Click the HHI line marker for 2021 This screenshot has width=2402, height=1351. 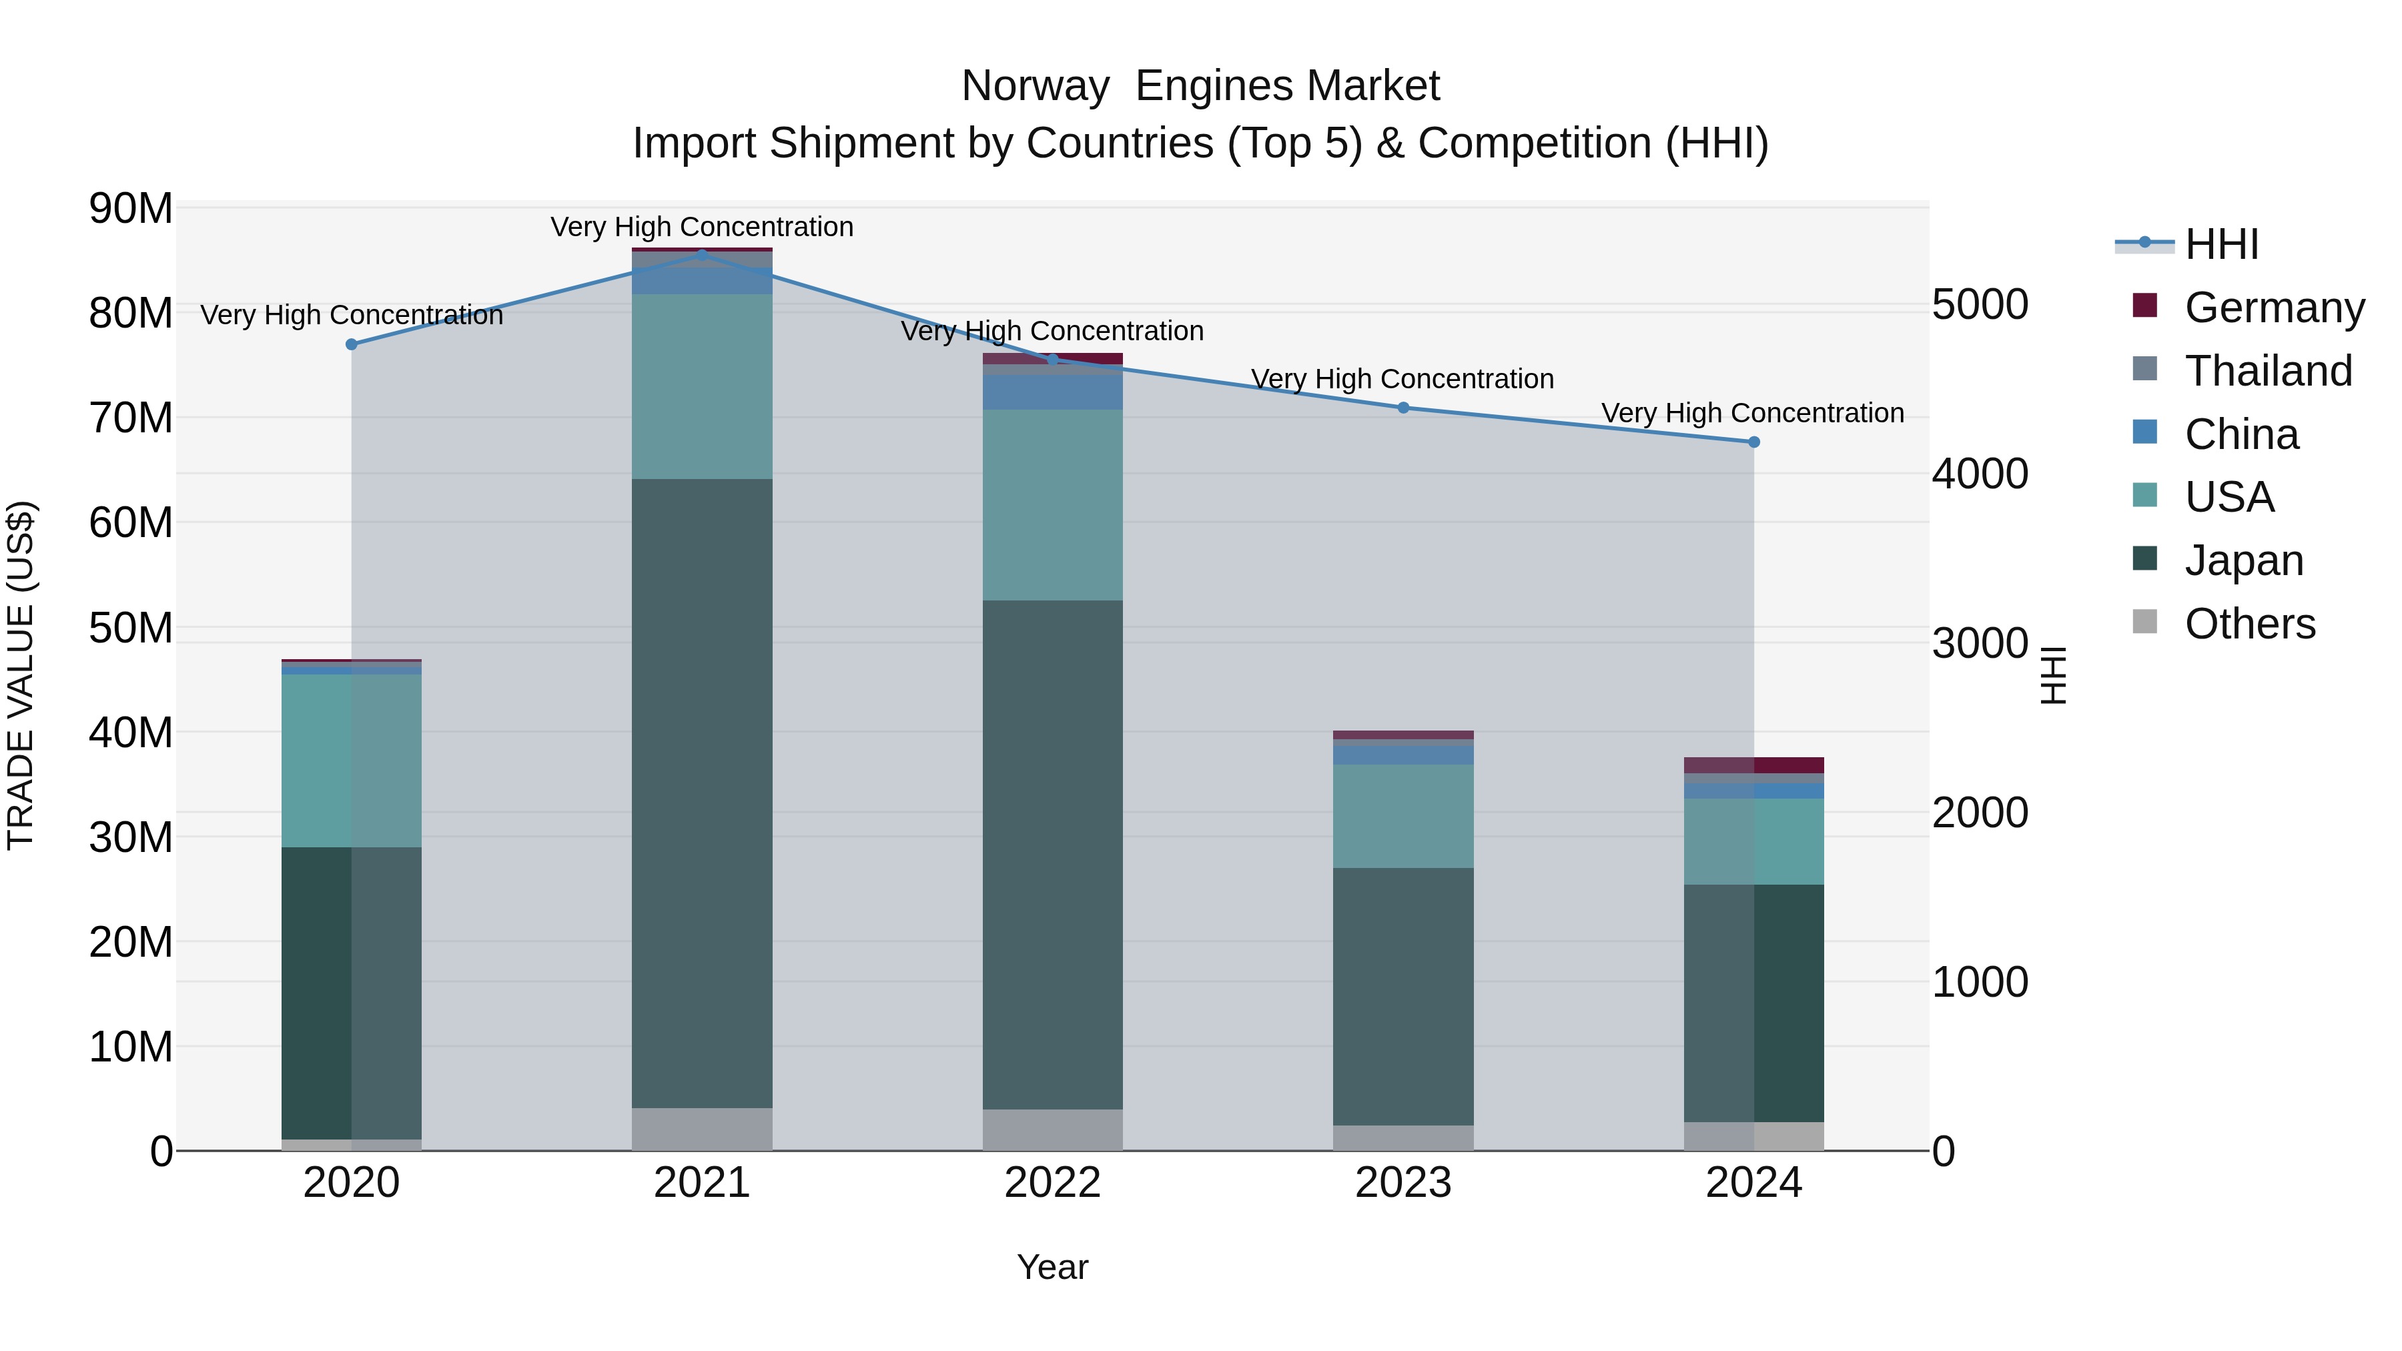click(702, 253)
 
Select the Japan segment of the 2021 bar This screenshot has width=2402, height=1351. click(702, 793)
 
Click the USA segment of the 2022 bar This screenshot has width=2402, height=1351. click(1053, 504)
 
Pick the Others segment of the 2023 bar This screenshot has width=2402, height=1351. click(1403, 1138)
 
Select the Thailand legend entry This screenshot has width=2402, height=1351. click(2268, 371)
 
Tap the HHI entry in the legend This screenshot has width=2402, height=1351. click(2221, 244)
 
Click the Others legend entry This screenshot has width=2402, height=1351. click(2249, 624)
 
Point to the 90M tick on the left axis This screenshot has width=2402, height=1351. click(131, 208)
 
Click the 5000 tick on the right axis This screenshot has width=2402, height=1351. click(1980, 305)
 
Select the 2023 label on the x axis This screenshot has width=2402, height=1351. click(1403, 1183)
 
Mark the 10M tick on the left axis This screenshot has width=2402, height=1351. click(131, 1047)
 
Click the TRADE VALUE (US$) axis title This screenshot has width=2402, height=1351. click(21, 675)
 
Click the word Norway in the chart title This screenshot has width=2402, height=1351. click(1035, 87)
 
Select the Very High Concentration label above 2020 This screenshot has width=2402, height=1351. click(352, 315)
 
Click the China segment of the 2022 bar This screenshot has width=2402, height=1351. click(1053, 392)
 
